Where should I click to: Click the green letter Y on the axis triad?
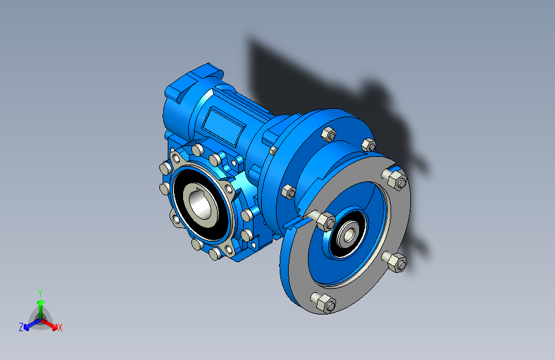40,293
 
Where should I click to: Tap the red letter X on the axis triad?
60,328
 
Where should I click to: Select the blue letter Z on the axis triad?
21,327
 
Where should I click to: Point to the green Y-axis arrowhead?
41,302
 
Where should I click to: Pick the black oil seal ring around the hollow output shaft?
200,204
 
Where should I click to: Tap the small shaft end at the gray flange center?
349,234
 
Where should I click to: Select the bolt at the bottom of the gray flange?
323,302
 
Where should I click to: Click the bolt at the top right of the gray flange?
395,178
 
